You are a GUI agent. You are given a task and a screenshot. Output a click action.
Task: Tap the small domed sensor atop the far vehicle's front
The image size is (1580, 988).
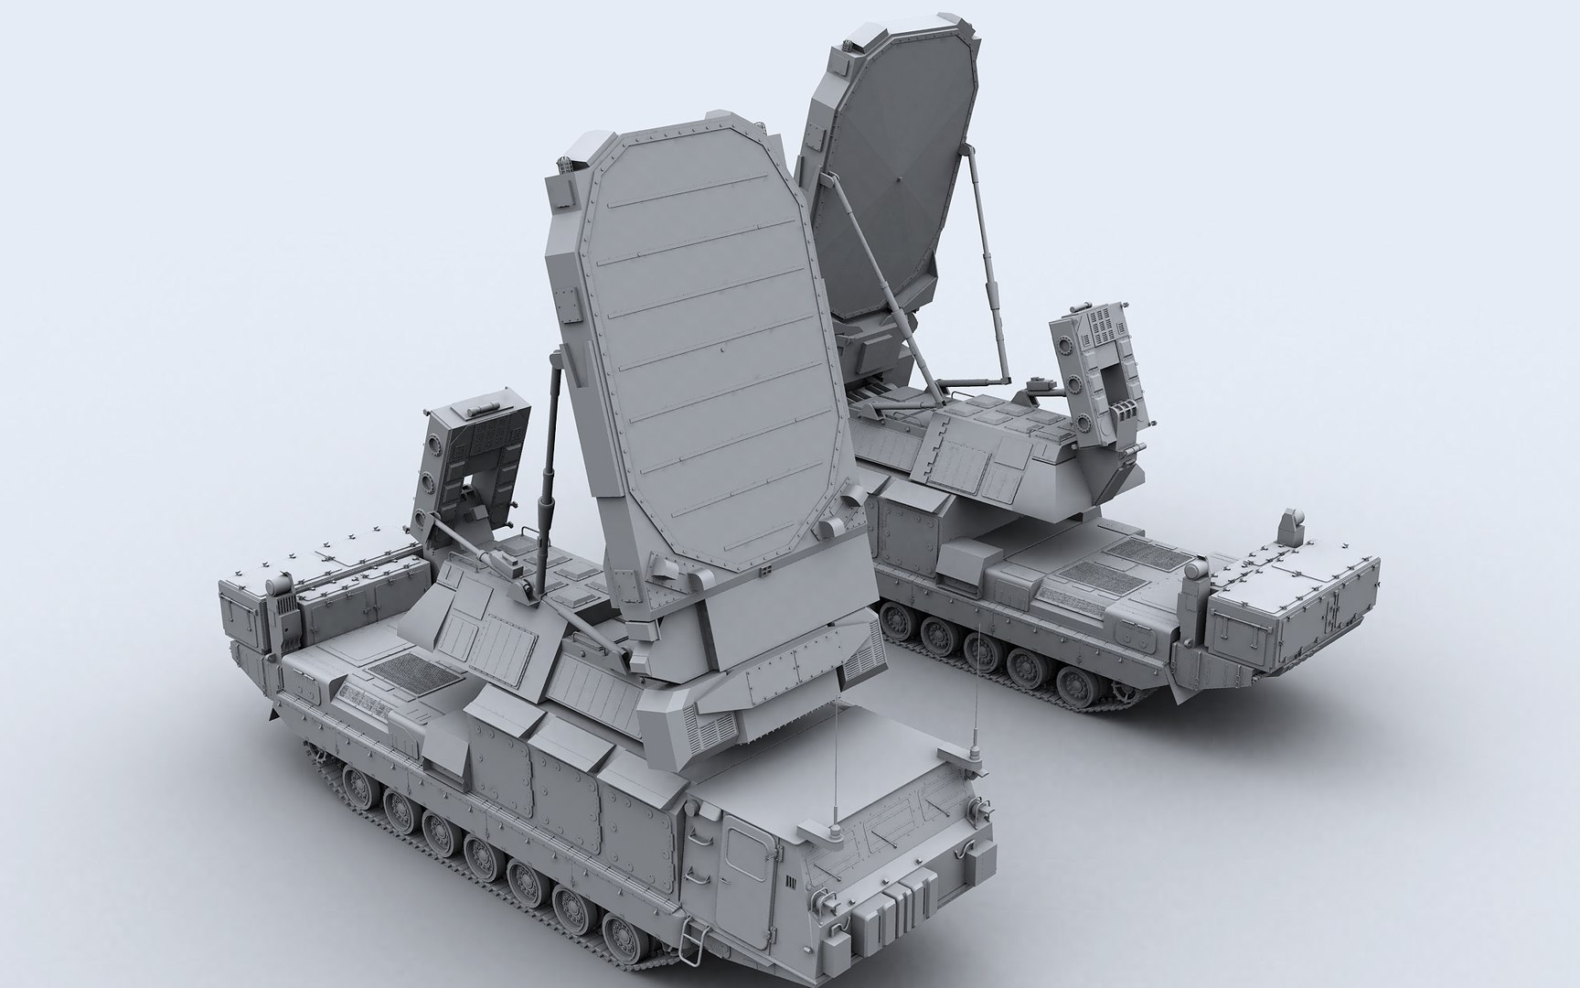coord(1288,526)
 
